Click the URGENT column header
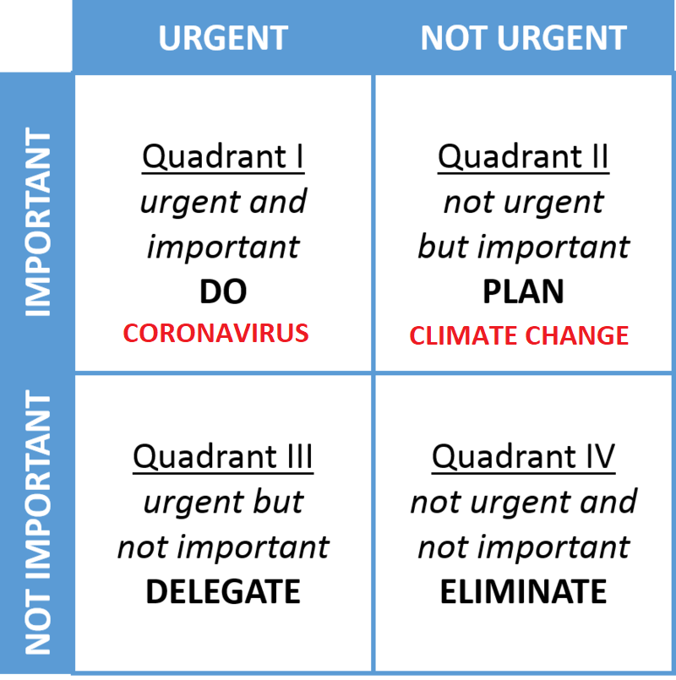[x=223, y=38]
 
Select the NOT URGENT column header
[x=523, y=38]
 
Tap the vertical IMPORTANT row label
[x=38, y=221]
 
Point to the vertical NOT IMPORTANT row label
[x=38, y=522]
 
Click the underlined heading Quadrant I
[x=223, y=157]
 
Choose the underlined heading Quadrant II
[x=523, y=157]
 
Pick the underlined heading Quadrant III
[x=223, y=457]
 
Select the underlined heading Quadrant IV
[x=523, y=457]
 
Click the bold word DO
[x=223, y=291]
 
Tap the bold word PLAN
[x=523, y=291]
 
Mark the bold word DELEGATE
[x=223, y=591]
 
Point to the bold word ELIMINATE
[x=523, y=591]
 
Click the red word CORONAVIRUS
[x=215, y=333]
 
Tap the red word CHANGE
[x=577, y=335]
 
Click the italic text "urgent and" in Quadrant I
[x=223, y=203]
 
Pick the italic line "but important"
[x=523, y=247]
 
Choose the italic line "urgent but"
[x=223, y=503]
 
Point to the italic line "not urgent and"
[x=523, y=503]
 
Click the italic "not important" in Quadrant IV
[x=523, y=547]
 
